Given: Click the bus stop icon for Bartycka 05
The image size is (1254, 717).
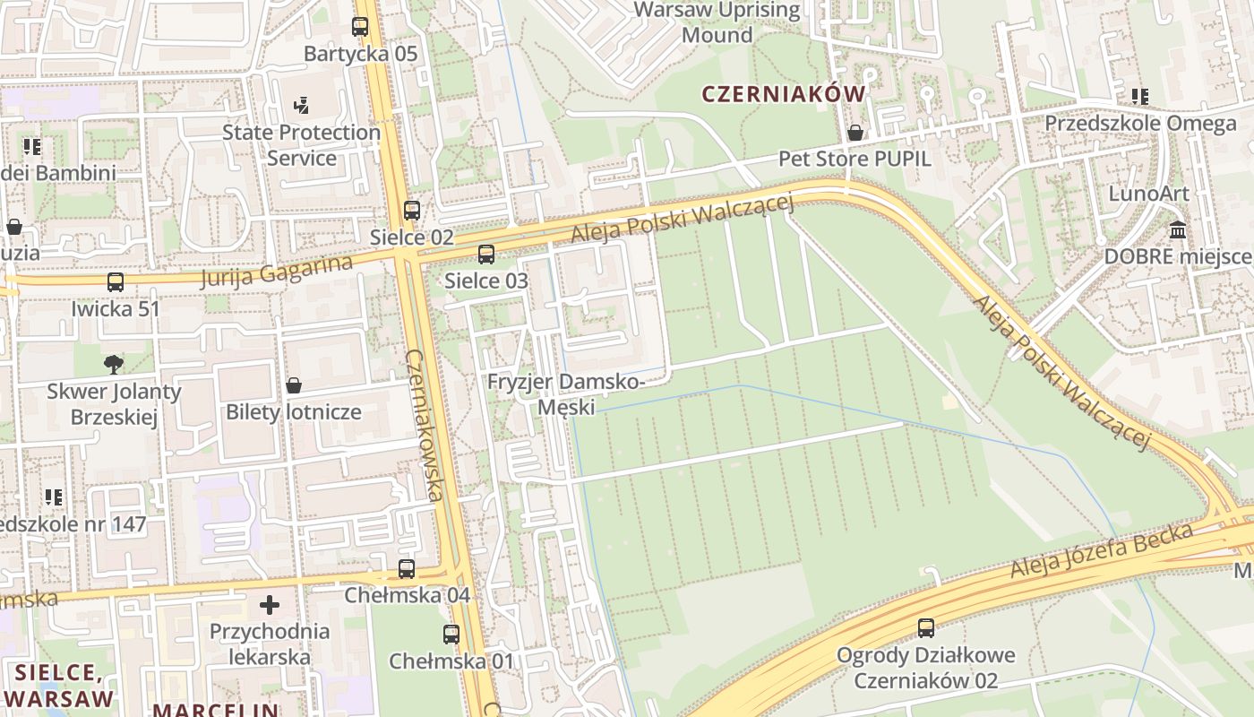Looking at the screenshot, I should tap(360, 27).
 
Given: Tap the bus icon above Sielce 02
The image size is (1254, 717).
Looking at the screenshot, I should tap(411, 211).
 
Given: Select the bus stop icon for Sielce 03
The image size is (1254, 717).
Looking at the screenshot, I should tap(486, 255).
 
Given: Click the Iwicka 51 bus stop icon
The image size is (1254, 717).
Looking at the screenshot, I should tap(116, 282).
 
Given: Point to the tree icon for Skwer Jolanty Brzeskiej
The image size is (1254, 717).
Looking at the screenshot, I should tap(114, 364).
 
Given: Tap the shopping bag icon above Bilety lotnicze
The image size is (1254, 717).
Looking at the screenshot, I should tap(294, 385).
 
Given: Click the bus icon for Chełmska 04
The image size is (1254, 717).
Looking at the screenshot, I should tap(407, 568).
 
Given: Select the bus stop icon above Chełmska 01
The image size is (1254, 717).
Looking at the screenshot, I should tap(451, 635).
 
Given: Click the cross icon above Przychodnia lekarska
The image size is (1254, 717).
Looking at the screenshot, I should tap(270, 605).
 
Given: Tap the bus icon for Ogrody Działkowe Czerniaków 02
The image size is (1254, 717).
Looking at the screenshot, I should tap(926, 627).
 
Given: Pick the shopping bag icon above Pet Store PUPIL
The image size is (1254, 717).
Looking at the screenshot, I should tap(855, 133).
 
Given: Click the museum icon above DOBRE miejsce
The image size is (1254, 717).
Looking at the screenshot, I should tap(1178, 230).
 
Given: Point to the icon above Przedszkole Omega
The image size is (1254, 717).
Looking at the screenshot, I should tap(1139, 96).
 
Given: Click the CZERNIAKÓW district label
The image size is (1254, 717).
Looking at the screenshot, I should tap(784, 94).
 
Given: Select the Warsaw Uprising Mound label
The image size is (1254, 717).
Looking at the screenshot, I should tap(717, 23).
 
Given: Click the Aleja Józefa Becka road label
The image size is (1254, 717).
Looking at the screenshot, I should tap(1102, 549).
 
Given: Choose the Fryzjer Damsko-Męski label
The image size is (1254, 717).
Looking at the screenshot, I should tap(565, 394).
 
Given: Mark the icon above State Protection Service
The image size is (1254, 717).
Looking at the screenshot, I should tap(301, 106).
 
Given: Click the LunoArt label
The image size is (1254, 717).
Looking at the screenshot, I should tap(1148, 194).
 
